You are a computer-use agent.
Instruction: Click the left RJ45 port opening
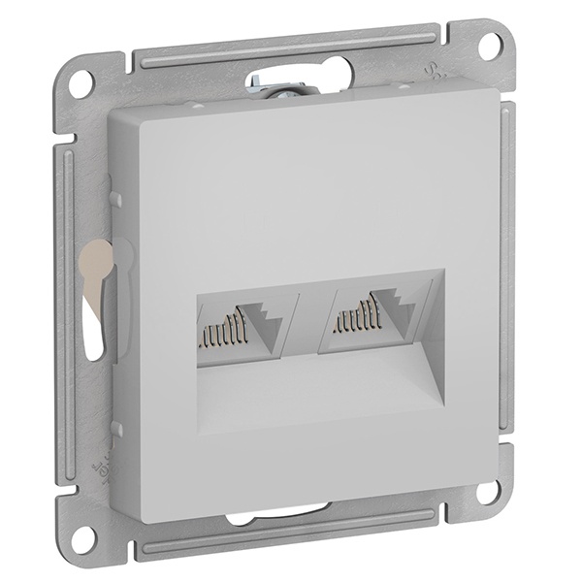point(238,327)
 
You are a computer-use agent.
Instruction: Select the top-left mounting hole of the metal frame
point(83,80)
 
